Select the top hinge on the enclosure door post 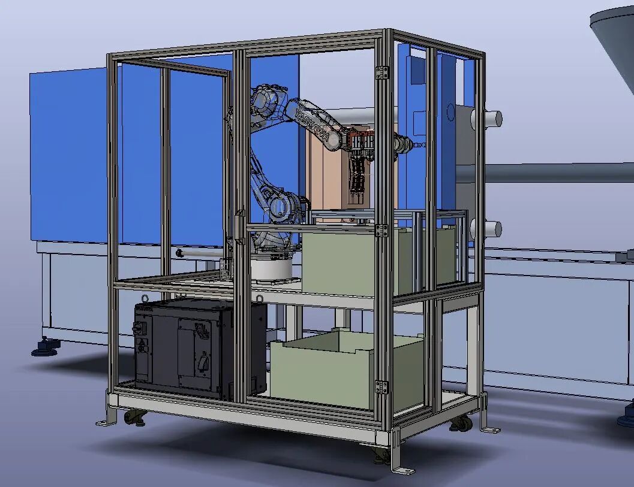tap(381, 72)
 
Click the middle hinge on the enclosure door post tap(381, 230)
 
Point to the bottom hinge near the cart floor tap(381, 386)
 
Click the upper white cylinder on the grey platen tap(486, 119)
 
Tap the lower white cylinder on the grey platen tap(486, 229)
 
